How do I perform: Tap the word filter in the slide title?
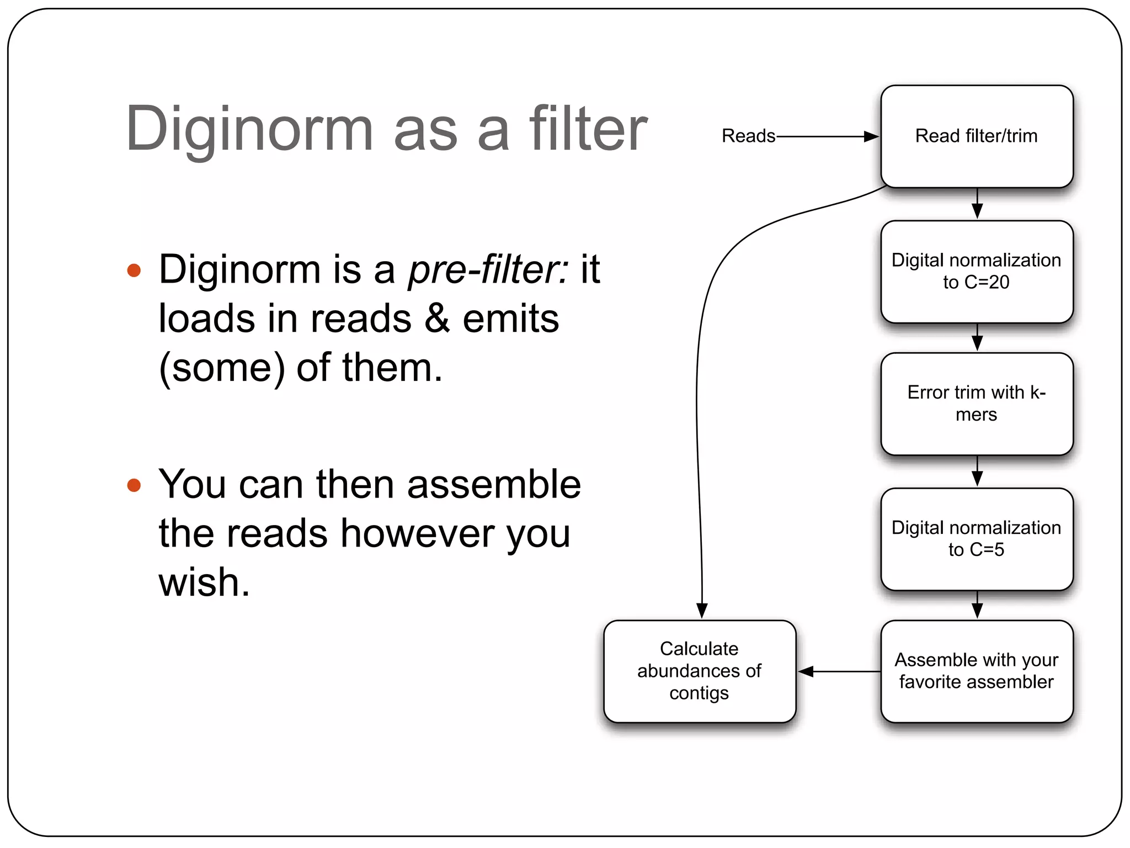588,129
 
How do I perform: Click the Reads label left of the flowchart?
748,136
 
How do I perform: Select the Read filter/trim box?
977,136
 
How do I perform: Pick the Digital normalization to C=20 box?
977,271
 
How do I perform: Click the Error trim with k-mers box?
977,404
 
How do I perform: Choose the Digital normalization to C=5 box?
977,539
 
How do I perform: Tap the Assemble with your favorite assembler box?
977,671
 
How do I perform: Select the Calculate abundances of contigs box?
699,671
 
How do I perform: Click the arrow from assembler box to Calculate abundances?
839,671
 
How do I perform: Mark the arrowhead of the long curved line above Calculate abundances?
702,611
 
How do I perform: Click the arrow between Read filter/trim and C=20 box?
977,204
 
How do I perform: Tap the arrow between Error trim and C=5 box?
977,472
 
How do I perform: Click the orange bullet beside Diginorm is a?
134,271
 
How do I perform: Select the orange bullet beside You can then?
134,485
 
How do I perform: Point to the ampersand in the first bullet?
437,319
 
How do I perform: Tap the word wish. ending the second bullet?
204,583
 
